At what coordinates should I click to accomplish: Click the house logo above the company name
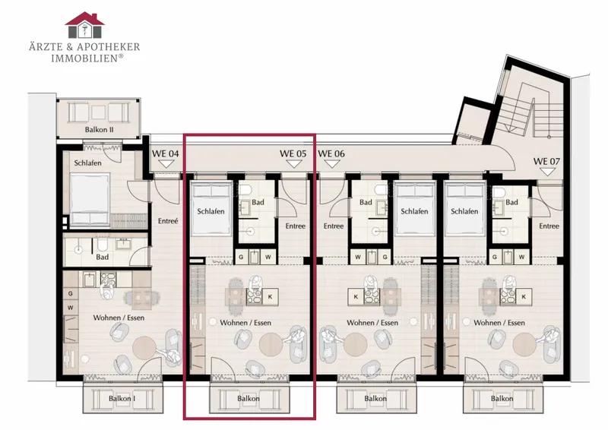(x=84, y=25)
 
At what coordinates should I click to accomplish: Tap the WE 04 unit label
(x=165, y=153)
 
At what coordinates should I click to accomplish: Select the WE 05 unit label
(x=293, y=153)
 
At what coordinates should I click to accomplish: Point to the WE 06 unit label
(x=331, y=153)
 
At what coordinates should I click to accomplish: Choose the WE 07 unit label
(x=546, y=161)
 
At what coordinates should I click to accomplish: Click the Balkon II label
(x=100, y=129)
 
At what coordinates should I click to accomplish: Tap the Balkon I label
(x=122, y=398)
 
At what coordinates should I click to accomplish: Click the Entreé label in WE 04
(x=168, y=221)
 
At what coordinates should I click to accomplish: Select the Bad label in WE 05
(x=258, y=202)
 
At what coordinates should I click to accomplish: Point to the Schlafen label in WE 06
(x=414, y=211)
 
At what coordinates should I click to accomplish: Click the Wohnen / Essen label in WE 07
(x=499, y=323)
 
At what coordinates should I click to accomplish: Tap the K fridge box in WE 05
(x=271, y=296)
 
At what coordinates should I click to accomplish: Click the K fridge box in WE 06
(x=356, y=296)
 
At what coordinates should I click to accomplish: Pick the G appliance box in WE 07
(x=495, y=257)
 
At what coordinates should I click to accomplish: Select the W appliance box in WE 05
(x=268, y=257)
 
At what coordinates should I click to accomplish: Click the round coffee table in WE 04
(x=144, y=348)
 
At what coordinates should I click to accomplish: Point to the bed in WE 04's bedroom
(x=90, y=199)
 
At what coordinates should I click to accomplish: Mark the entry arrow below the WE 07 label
(x=546, y=172)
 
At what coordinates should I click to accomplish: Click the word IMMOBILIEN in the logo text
(x=84, y=58)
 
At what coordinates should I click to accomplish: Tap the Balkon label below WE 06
(x=375, y=398)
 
